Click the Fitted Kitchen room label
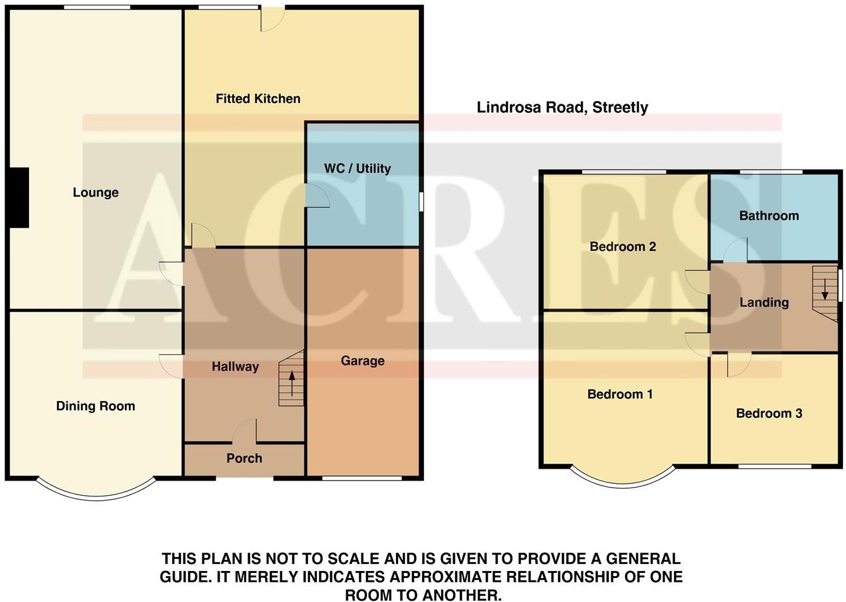258,99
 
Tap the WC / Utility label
357,168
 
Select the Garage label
363,360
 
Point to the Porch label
244,458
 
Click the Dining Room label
96,406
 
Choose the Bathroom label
769,216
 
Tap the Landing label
764,302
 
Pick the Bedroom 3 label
769,414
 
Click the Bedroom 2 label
623,247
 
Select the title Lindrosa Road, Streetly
562,107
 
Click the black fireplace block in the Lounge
19,197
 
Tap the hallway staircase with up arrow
292,379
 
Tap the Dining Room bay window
96,490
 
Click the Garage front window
361,478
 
